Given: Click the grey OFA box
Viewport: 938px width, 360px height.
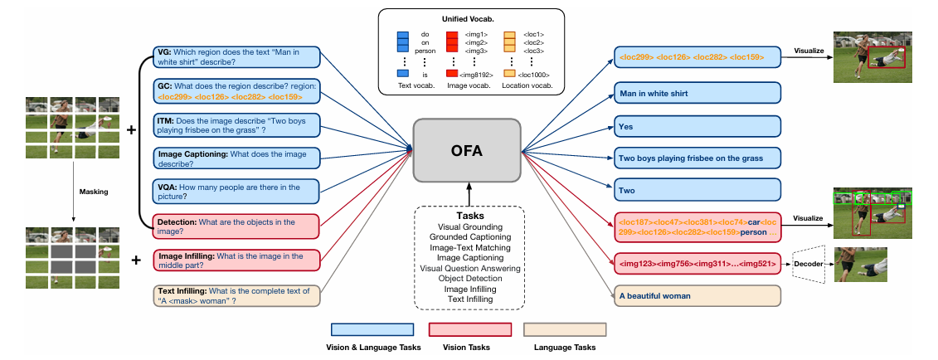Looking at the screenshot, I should [467, 150].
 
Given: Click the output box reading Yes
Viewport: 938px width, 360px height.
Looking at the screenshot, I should [697, 127].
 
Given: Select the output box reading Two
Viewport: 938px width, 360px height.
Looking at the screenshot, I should [697, 191].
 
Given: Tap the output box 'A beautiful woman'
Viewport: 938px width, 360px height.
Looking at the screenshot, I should [697, 295].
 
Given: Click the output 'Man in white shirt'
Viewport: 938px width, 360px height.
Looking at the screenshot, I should [697, 94].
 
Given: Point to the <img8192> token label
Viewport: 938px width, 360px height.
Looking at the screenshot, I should [480, 75].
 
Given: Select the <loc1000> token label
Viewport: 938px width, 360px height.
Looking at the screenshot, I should [532, 75].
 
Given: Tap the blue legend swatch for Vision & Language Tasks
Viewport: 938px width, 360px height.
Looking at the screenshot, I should [372, 330].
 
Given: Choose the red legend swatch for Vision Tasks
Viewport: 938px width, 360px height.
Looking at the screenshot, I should [469, 330].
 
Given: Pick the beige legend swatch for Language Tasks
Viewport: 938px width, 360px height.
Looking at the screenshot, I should [564, 330].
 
